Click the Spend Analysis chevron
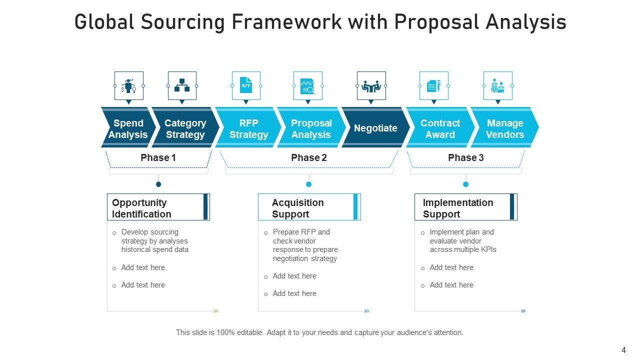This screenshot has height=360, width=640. tap(128, 127)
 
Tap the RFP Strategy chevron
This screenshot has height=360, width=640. tap(248, 127)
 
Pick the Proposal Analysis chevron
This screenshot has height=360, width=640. tap(311, 127)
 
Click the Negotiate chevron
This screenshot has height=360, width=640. tap(375, 127)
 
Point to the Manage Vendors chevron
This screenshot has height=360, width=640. tap(505, 127)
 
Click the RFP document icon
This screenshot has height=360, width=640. tap(246, 85)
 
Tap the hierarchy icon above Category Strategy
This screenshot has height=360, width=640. tap(182, 85)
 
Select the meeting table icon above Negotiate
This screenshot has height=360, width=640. tap(371, 86)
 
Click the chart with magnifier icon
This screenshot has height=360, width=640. tap(307, 86)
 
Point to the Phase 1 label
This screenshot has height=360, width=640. tap(158, 157)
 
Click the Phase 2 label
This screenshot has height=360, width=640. tap(309, 157)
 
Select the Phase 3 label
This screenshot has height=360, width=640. tap(465, 157)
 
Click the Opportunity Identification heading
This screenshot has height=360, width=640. tap(141, 208)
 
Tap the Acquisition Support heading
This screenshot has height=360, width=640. tap(297, 208)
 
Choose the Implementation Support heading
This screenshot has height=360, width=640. tap(458, 208)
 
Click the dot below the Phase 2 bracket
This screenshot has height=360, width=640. tap(308, 184)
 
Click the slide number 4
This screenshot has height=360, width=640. tap(623, 350)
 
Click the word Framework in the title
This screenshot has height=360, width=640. tap(286, 22)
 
